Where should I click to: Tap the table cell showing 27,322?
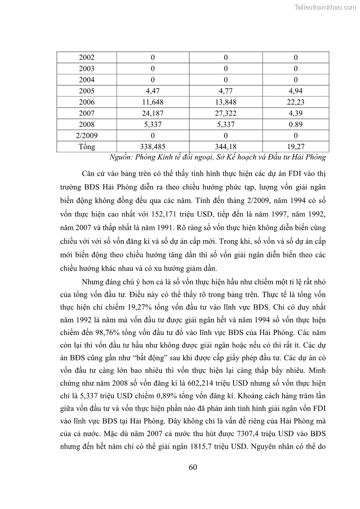click(225, 113)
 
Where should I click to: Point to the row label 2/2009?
click(87, 136)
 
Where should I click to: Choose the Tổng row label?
click(87, 146)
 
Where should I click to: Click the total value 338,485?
click(153, 146)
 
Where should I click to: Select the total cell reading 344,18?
click(225, 146)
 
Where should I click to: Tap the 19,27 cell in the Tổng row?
click(296, 146)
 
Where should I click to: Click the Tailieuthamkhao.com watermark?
click(326, 7)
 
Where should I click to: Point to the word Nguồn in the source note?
click(122, 157)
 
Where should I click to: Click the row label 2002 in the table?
click(87, 58)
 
